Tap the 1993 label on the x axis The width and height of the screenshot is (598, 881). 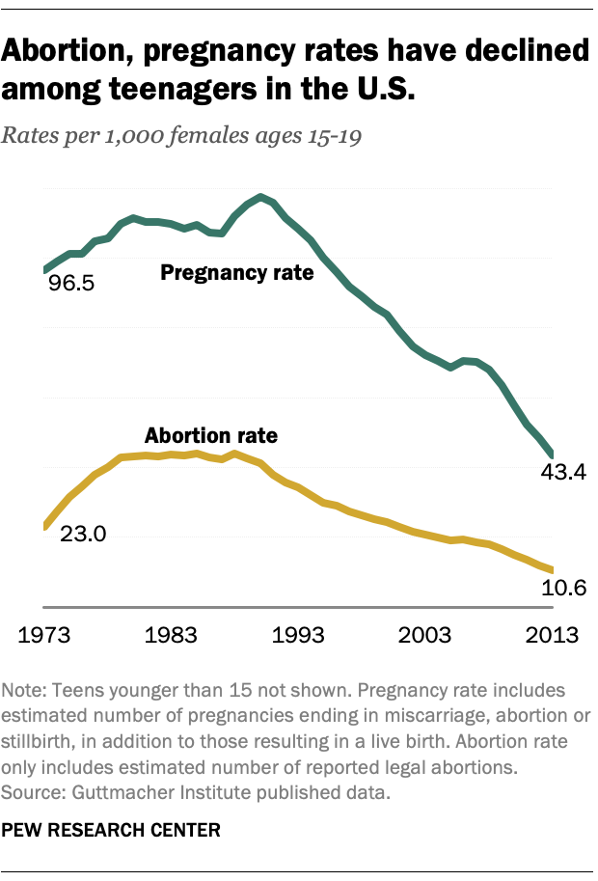point(298,635)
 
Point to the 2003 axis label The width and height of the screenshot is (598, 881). point(425,635)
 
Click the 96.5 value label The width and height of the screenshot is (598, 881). point(73,286)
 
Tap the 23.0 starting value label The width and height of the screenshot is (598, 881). point(83,534)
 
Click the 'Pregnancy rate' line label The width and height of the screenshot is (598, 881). point(236,273)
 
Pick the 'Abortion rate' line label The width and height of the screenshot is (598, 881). point(210,436)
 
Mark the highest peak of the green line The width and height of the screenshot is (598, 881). point(260,196)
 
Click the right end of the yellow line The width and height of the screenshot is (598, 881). point(551,570)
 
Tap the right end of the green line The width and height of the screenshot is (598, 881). point(551,454)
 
